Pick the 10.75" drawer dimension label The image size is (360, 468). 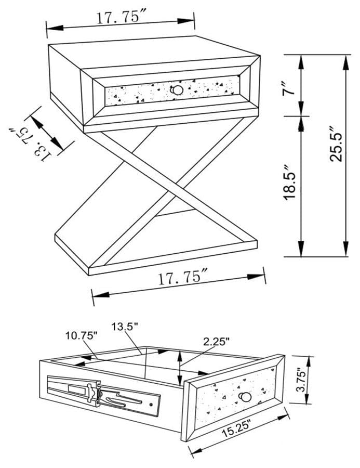(x=81, y=336)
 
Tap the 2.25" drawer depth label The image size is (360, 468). (x=217, y=342)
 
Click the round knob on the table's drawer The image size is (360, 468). (x=178, y=90)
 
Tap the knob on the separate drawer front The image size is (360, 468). (x=246, y=398)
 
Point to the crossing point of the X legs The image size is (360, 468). (x=156, y=177)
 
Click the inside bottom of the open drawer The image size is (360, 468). (x=156, y=364)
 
